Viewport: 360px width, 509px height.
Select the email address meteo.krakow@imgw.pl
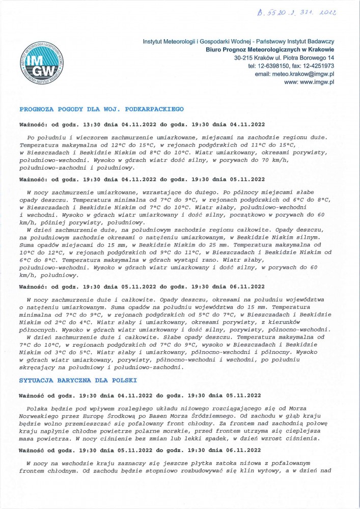point(294,74)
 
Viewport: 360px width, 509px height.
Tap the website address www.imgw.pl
point(309,82)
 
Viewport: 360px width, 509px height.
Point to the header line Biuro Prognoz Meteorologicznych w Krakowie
point(270,49)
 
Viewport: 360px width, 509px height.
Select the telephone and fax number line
point(291,66)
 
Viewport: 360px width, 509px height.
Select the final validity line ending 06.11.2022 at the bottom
point(140,450)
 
